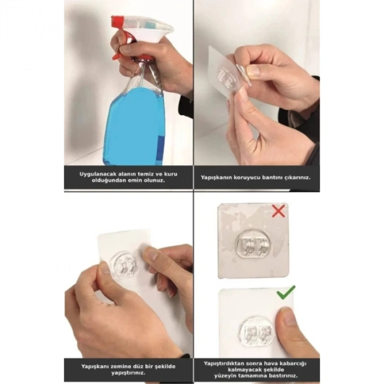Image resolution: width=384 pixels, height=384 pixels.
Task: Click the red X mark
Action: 278,211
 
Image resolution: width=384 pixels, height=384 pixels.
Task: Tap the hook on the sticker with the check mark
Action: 256,332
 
